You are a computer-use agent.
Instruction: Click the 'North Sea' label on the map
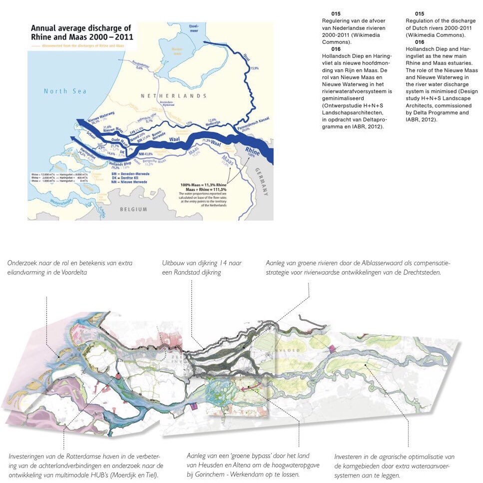(x=65, y=91)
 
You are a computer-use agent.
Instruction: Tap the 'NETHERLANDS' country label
(x=173, y=96)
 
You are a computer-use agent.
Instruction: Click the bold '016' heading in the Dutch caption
(x=336, y=49)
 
